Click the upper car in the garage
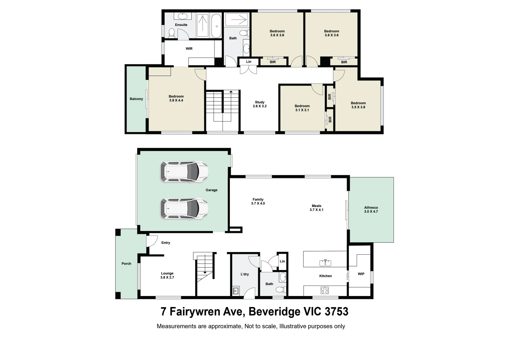click(184, 172)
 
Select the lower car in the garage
click(184, 209)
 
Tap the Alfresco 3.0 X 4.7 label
click(371, 210)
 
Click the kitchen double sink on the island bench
click(325, 263)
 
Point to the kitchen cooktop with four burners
click(325, 290)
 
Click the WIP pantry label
click(361, 274)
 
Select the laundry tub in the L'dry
click(236, 291)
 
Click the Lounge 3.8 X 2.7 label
click(167, 275)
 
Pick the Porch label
click(126, 264)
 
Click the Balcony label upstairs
click(136, 99)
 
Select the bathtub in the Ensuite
click(217, 26)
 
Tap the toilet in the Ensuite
click(172, 33)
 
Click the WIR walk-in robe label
click(189, 49)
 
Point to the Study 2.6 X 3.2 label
click(259, 104)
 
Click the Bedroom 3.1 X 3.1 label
click(302, 108)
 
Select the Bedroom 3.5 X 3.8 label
click(358, 105)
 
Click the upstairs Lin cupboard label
click(249, 62)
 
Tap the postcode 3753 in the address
click(336, 312)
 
